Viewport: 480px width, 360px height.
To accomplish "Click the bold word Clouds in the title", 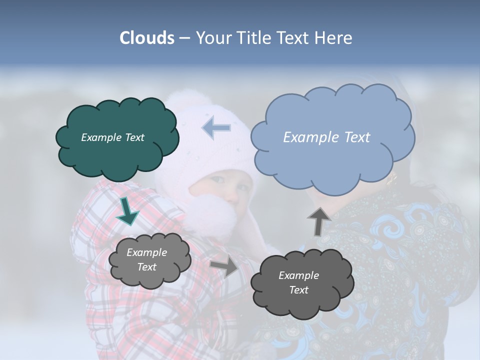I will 146,38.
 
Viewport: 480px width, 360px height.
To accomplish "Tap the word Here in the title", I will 334,38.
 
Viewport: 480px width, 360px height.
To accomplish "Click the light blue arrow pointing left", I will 216,128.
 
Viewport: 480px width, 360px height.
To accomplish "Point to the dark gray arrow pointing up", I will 318,221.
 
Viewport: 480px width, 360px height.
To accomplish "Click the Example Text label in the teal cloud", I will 112,137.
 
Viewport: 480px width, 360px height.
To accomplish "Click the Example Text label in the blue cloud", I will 326,137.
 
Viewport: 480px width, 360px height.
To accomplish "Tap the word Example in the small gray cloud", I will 146,252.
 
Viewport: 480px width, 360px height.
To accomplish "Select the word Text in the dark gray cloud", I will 298,290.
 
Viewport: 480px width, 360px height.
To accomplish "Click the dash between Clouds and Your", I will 184,38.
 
